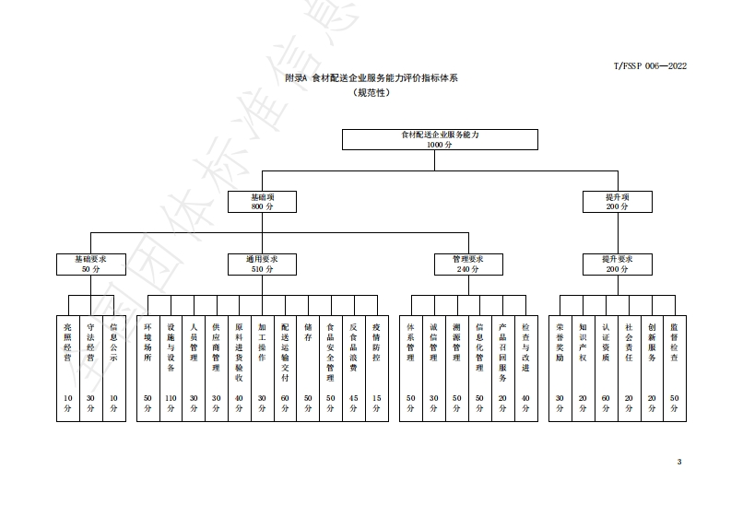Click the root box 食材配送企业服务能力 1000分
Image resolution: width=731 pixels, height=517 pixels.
pyautogui.click(x=440, y=139)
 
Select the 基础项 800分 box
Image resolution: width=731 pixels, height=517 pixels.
pyautogui.click(x=263, y=202)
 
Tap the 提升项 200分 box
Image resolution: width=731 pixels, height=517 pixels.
pyautogui.click(x=617, y=202)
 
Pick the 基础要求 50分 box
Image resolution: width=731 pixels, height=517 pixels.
pyautogui.click(x=90, y=264)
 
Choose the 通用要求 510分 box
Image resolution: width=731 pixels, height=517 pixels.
pyautogui.click(x=263, y=264)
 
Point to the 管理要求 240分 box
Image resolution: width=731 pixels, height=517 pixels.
pyautogui.click(x=468, y=264)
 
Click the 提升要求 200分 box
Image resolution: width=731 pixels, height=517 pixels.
pyautogui.click(x=617, y=264)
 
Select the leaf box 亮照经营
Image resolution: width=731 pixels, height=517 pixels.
pyautogui.click(x=67, y=369)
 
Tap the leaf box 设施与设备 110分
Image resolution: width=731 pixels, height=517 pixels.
pyautogui.click(x=171, y=369)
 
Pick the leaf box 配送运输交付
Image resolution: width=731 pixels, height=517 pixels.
pyautogui.click(x=285, y=369)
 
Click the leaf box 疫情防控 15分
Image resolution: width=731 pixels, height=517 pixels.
pyautogui.click(x=376, y=369)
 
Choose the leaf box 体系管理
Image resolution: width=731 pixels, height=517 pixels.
pyautogui.click(x=411, y=369)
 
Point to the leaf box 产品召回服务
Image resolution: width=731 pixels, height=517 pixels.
pyautogui.click(x=502, y=369)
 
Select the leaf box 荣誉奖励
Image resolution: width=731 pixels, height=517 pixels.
pyautogui.click(x=560, y=369)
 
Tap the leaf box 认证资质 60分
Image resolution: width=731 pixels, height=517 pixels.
pyautogui.click(x=606, y=369)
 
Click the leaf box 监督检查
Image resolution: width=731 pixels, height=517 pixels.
pyautogui.click(x=675, y=369)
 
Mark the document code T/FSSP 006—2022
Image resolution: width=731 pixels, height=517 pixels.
pyautogui.click(x=650, y=65)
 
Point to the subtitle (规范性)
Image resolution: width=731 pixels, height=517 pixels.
pyautogui.click(x=371, y=93)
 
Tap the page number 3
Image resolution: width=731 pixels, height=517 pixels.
pyautogui.click(x=679, y=462)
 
